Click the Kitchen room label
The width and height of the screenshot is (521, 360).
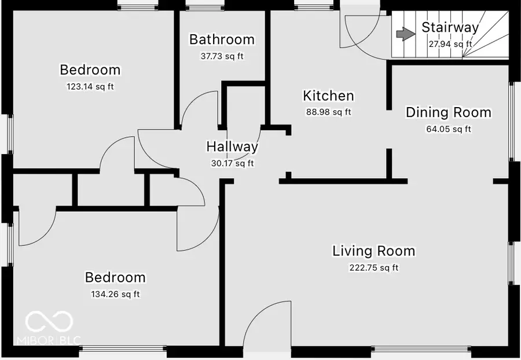tap(328, 95)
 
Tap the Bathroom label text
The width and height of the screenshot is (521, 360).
tap(222, 39)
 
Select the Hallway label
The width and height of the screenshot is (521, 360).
tap(232, 147)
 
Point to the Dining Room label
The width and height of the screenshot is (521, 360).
tap(448, 112)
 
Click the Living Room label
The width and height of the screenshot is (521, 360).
tap(373, 251)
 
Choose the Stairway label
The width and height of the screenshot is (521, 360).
tap(450, 27)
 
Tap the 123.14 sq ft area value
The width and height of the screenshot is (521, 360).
tap(90, 86)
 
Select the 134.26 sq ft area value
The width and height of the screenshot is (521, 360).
tap(115, 294)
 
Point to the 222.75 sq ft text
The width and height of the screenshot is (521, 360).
tap(373, 267)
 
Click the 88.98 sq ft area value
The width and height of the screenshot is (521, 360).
tap(328, 112)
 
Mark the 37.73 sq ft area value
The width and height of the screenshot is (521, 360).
tap(222, 56)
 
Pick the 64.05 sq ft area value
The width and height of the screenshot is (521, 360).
tap(448, 129)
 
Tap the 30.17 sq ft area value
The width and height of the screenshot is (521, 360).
tap(232, 163)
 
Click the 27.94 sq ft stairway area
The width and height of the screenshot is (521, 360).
tap(450, 43)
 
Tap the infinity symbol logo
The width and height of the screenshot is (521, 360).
tap(49, 321)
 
